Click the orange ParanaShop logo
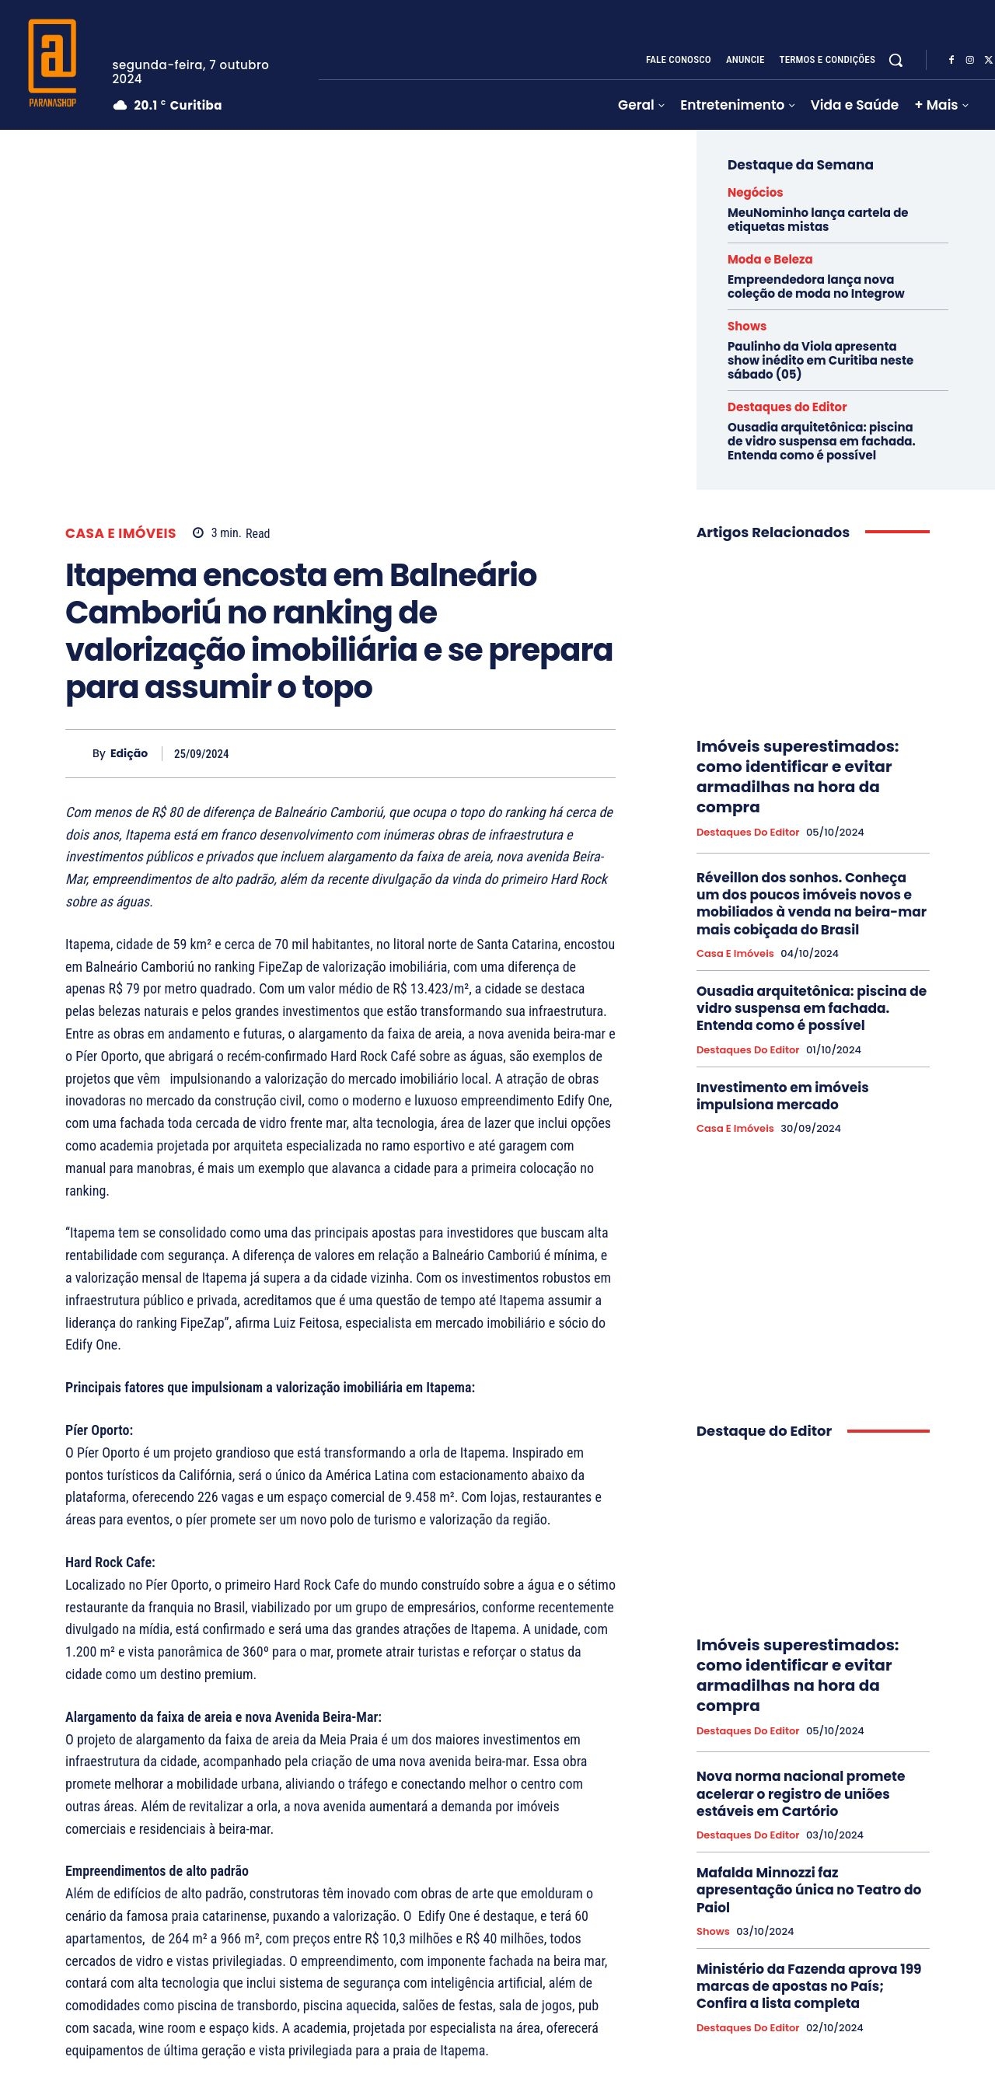(x=53, y=63)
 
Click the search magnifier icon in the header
(x=895, y=60)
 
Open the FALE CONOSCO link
(x=677, y=60)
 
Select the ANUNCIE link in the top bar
(x=745, y=60)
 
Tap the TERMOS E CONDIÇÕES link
(x=826, y=60)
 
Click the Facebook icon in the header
(x=951, y=60)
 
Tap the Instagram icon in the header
(x=969, y=60)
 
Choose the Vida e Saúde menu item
(x=854, y=105)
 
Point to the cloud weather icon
(x=120, y=106)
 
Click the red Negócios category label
(x=754, y=192)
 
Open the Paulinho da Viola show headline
(x=819, y=360)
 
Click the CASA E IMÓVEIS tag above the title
(x=120, y=533)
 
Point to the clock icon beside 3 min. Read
(x=197, y=533)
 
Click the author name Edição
(x=129, y=754)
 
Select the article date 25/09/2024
(x=201, y=754)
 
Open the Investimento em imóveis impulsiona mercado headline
(x=781, y=1096)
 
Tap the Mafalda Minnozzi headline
(x=808, y=1890)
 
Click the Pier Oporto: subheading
(x=99, y=1430)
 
